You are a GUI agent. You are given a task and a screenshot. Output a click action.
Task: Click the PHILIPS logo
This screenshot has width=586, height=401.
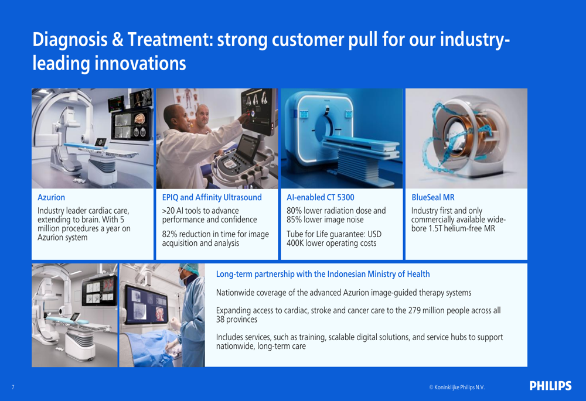click(x=550, y=386)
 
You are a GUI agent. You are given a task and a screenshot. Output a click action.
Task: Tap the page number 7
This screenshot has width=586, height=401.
click(x=13, y=387)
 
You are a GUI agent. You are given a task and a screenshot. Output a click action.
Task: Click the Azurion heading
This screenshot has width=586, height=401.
click(x=51, y=197)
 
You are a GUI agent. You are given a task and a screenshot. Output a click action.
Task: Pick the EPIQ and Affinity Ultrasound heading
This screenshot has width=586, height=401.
click(x=212, y=197)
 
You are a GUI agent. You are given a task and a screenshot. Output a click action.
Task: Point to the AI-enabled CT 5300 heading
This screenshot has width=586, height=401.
click(x=321, y=197)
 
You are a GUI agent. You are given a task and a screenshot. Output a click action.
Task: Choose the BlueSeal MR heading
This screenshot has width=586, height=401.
click(x=433, y=197)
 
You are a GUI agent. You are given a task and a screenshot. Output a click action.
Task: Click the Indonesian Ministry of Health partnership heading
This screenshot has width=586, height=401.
click(x=323, y=274)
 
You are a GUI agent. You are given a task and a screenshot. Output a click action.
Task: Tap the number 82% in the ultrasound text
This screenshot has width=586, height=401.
click(x=170, y=234)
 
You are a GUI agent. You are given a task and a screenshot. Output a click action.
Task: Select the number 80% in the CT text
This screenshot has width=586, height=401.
click(x=294, y=211)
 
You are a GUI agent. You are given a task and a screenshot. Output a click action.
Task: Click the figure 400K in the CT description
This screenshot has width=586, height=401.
click(x=295, y=244)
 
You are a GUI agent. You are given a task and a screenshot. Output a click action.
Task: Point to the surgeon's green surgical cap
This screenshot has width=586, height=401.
click(x=189, y=269)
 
